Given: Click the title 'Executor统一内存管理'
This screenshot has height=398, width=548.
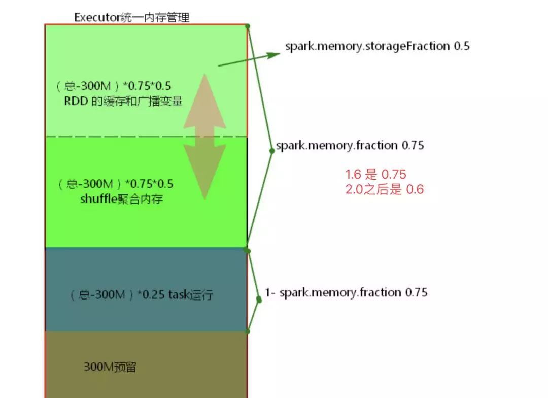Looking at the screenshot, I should [x=132, y=17].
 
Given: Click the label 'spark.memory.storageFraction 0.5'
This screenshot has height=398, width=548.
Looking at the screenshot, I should [x=377, y=46].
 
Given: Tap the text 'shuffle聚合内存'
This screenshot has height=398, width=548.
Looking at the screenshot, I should [x=122, y=199].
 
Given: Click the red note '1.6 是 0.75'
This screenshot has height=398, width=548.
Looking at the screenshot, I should [x=376, y=175].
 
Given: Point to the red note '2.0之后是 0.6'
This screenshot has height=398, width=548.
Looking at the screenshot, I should [x=385, y=190].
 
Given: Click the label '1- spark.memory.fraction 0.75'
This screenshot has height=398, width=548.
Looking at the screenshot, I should [x=347, y=292].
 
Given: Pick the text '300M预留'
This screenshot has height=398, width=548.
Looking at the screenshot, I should [x=110, y=367].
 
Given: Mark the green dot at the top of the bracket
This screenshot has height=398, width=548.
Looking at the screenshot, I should [x=247, y=25].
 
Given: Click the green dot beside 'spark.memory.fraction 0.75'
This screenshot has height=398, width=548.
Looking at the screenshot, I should [x=271, y=151].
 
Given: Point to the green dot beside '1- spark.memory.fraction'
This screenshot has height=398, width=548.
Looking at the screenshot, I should [x=259, y=300].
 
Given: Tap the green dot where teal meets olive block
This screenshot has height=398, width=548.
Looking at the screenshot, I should [x=248, y=331].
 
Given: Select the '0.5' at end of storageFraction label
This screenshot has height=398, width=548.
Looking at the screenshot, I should [x=462, y=46].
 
